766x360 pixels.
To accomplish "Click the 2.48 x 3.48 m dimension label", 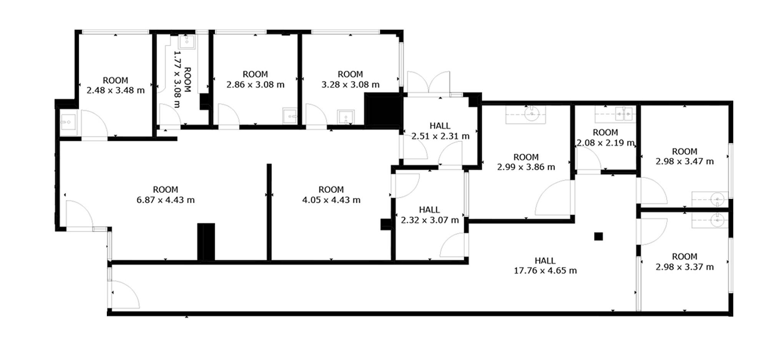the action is click(116, 91).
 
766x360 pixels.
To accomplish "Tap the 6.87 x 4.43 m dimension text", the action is click(166, 200).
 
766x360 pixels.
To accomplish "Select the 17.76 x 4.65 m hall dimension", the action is click(545, 270).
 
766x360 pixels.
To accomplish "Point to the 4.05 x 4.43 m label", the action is click(331, 200).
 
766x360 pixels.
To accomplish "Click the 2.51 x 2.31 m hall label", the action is click(440, 136).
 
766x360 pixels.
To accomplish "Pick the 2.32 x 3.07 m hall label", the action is click(430, 220).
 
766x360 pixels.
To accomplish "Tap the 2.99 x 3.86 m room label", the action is click(526, 167).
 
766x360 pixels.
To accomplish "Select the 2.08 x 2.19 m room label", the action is click(605, 143).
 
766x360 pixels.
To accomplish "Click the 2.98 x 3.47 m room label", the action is click(685, 161).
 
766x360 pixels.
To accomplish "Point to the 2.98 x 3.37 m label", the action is click(685, 267).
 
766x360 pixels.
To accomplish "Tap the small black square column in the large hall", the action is click(598, 236).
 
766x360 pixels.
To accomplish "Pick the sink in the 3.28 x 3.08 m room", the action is click(346, 117).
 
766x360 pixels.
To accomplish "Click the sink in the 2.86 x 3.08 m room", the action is click(290, 116).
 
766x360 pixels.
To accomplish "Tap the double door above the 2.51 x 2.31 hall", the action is click(429, 82).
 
